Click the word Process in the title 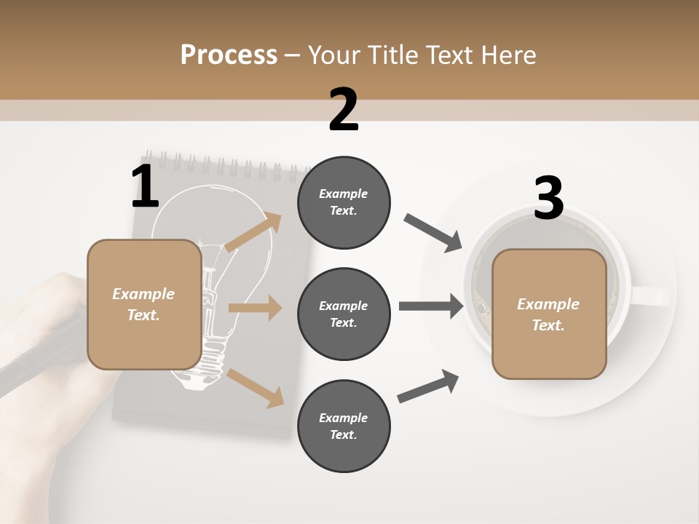coord(229,55)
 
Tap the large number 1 coord(145,187)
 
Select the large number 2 coord(344,110)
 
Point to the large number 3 coord(548,198)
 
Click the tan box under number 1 coord(144,304)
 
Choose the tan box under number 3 coord(549,314)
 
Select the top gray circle coord(344,202)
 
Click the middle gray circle coord(344,314)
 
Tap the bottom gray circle coord(344,426)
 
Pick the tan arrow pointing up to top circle coord(253,232)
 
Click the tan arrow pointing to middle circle coord(254,308)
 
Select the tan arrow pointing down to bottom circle coord(255,388)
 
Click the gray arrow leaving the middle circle coord(430,306)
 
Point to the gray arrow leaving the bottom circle coord(428,386)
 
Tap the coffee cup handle coord(650,295)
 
